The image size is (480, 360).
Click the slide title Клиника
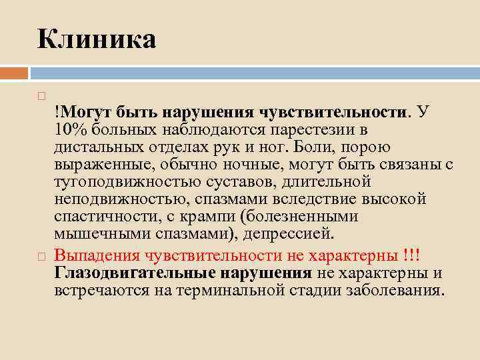tap(97, 39)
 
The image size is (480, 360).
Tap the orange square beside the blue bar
tap(13, 72)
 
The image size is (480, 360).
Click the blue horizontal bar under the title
tap(253, 72)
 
